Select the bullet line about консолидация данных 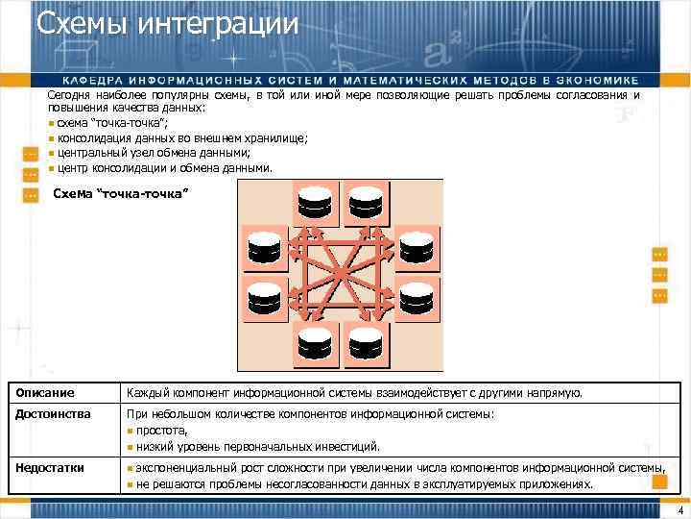181,138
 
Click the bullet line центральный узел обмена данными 154,153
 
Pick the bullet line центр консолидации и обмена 164,167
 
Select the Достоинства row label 53,414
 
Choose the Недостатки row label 50,468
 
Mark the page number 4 679,509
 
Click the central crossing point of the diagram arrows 340,277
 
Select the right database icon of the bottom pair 366,343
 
